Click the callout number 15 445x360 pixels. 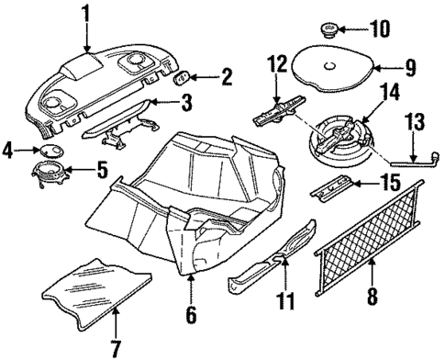[391, 184]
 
